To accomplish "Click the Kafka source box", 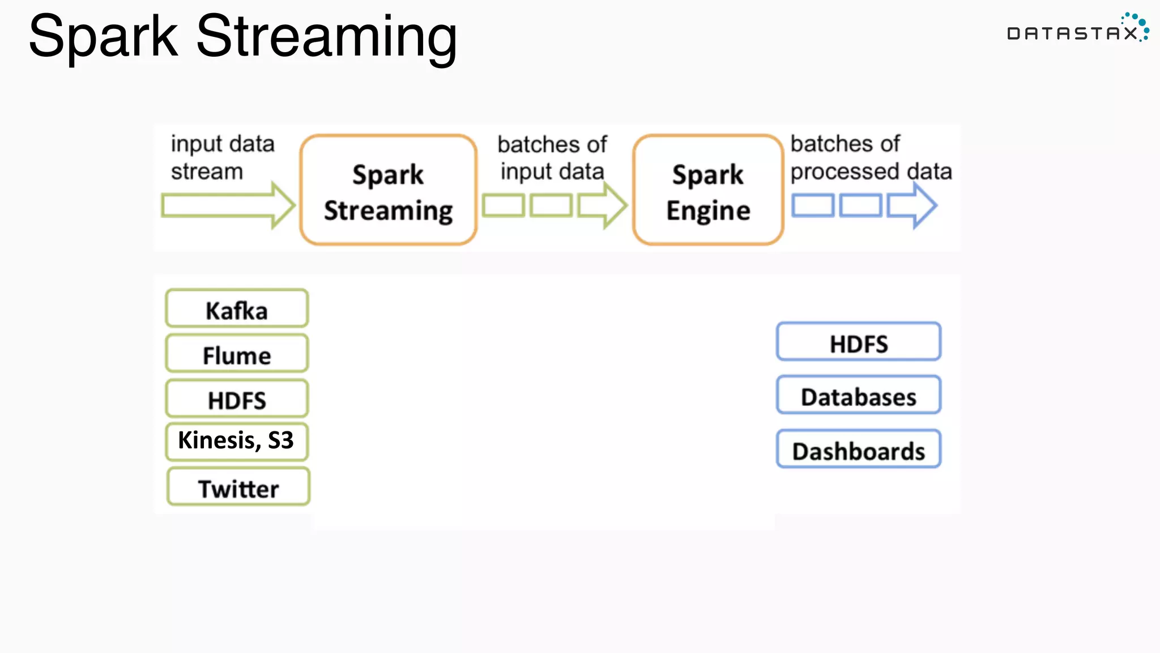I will pyautogui.click(x=237, y=308).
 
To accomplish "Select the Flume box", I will pyautogui.click(x=237, y=354).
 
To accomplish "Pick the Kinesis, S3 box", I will pyautogui.click(x=237, y=441).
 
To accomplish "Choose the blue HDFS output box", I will pyautogui.click(x=858, y=342).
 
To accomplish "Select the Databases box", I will pyautogui.click(x=858, y=395).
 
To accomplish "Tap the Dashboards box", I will pyautogui.click(x=858, y=449).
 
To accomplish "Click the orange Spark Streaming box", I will pyautogui.click(x=389, y=190).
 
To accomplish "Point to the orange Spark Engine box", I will pyautogui.click(x=708, y=190).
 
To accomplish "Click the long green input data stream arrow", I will pyautogui.click(x=227, y=205).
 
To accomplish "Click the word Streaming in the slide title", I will pyautogui.click(x=326, y=37).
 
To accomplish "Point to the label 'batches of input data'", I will pyautogui.click(x=552, y=158).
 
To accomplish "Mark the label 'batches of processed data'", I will pyautogui.click(x=870, y=158).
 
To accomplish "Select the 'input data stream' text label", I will pyautogui.click(x=222, y=158).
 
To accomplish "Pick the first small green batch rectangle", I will pyautogui.click(x=503, y=205).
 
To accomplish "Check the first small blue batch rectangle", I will pyautogui.click(x=812, y=205).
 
